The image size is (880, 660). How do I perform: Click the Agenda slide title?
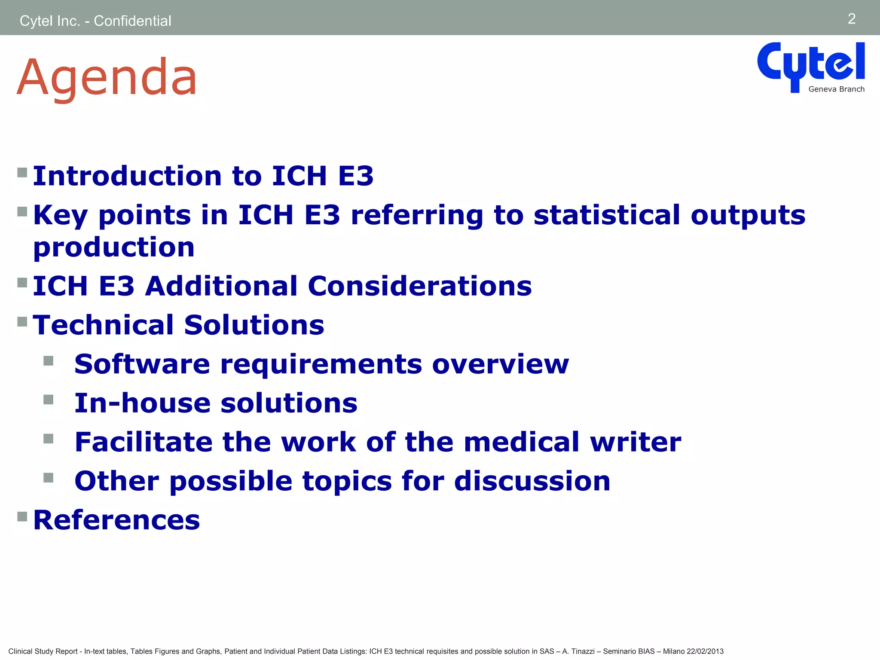pos(107,77)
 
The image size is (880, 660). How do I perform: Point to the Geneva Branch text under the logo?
pos(836,89)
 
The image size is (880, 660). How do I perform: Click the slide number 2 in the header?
pos(851,19)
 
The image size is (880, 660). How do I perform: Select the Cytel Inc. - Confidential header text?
pos(95,21)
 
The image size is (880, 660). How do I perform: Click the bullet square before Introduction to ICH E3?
pos(22,173)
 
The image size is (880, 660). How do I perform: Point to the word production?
pos(114,248)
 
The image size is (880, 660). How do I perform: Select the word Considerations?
pos(420,286)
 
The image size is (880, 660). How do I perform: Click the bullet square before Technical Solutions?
pos(22,321)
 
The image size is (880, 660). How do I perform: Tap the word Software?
pos(142,364)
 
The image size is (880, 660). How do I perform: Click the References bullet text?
pos(116,520)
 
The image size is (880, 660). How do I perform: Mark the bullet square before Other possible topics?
pos(49,477)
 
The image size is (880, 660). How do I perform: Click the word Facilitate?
pos(144,442)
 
